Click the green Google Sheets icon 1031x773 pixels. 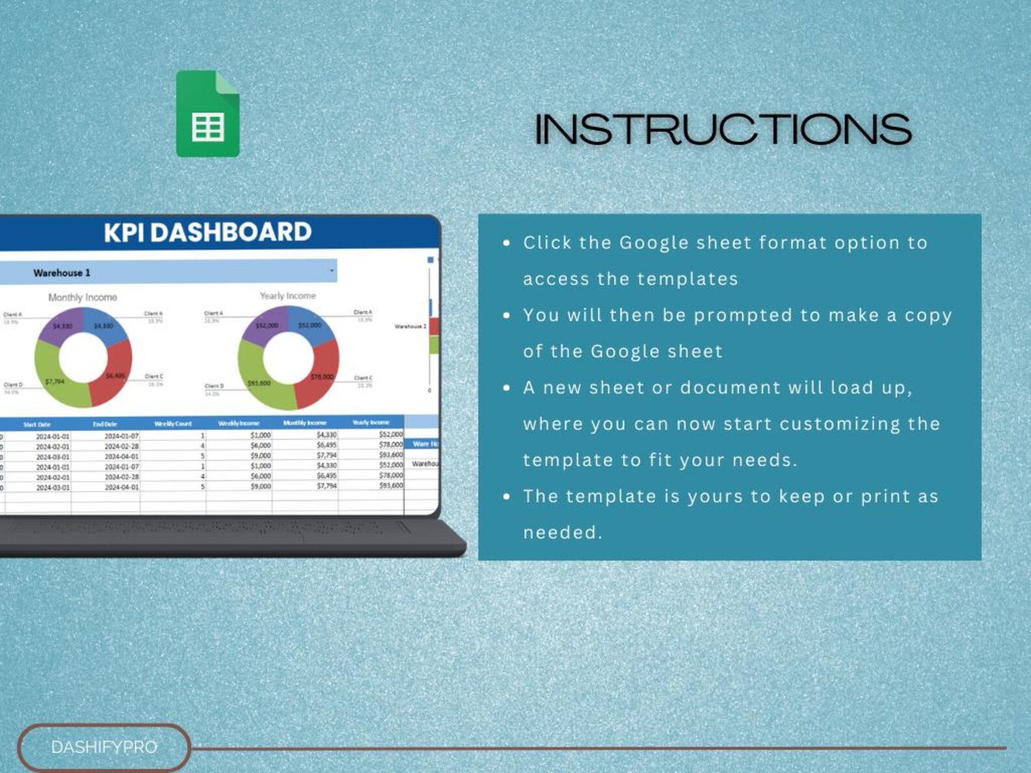208,114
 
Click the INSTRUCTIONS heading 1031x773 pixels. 723,129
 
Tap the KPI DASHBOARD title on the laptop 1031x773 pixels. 208,232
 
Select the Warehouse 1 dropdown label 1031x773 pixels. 62,273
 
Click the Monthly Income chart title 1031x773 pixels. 82,297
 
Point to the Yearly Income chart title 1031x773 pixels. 288,296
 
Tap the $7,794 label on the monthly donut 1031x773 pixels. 55,382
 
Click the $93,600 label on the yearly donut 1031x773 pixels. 259,384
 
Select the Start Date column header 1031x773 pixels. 37,424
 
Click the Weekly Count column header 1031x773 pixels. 173,424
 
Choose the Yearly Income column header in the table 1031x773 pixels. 371,423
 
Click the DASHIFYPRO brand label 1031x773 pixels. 104,747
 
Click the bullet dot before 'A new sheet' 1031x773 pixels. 506,388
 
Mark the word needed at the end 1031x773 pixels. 562,533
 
